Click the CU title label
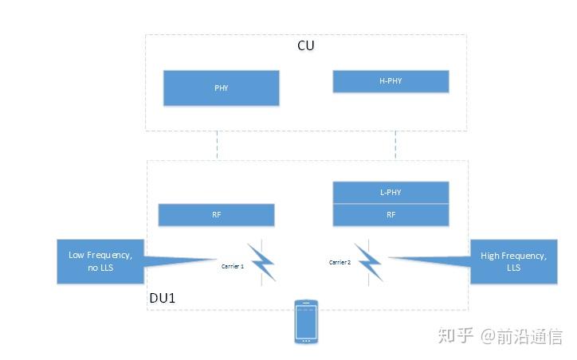(305, 45)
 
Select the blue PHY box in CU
(221, 88)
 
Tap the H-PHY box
(391, 81)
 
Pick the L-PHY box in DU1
(391, 192)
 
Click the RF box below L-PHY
(391, 214)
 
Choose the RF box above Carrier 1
(216, 215)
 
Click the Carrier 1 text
(233, 266)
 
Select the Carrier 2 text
(340, 262)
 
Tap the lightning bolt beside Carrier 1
(262, 261)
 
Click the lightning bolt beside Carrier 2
(369, 260)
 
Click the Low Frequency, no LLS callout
(100, 261)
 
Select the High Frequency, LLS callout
(513, 261)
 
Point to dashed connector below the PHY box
(217, 145)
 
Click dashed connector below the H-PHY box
(396, 145)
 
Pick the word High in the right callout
(490, 256)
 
